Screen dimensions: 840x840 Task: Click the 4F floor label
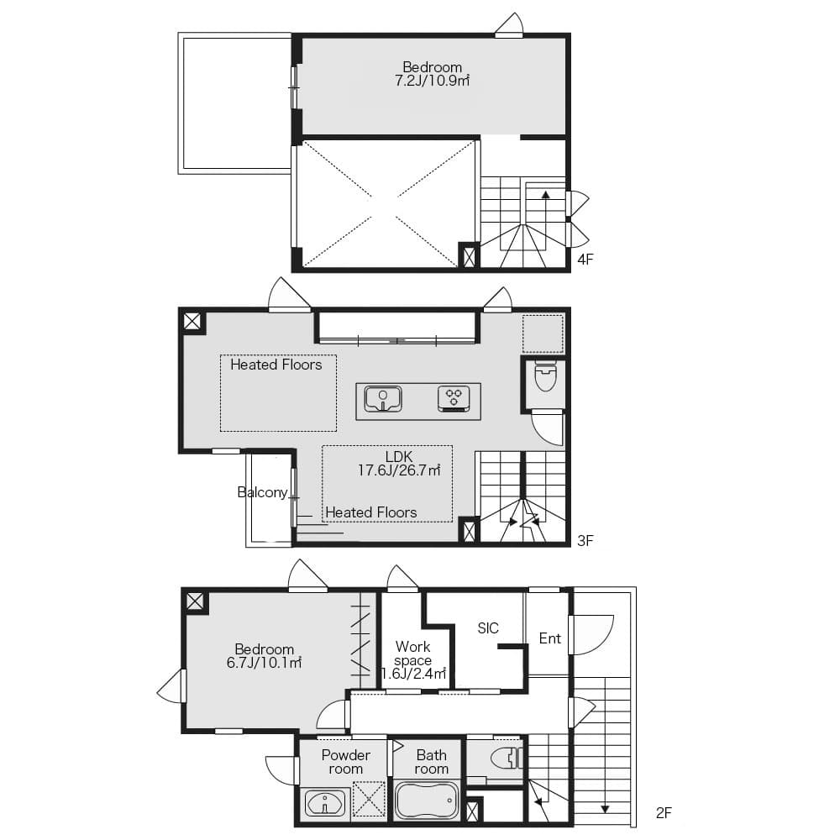[x=585, y=260]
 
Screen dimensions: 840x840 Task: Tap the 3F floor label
[x=585, y=540]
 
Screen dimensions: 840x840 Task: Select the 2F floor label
[x=664, y=812]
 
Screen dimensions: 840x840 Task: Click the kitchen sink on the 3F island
[x=383, y=399]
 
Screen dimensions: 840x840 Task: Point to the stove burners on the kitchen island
[x=454, y=398]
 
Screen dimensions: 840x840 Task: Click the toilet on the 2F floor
[x=505, y=758]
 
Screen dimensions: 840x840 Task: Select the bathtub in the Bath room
[x=427, y=801]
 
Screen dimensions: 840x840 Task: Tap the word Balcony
[x=262, y=492]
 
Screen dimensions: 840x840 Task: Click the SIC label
[x=488, y=627]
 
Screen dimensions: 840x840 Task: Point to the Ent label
[x=549, y=638]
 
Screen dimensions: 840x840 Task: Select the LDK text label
[x=399, y=456]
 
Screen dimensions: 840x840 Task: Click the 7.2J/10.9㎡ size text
[x=432, y=81]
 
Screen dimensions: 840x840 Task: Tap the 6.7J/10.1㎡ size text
[x=264, y=663]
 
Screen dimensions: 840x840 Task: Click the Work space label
[x=413, y=654]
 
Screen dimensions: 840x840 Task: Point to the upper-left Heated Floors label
[x=276, y=365]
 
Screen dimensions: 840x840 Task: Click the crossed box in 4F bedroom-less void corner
[x=469, y=255]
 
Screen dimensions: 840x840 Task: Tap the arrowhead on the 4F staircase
[x=545, y=195]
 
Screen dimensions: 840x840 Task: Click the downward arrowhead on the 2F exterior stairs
[x=605, y=810]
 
